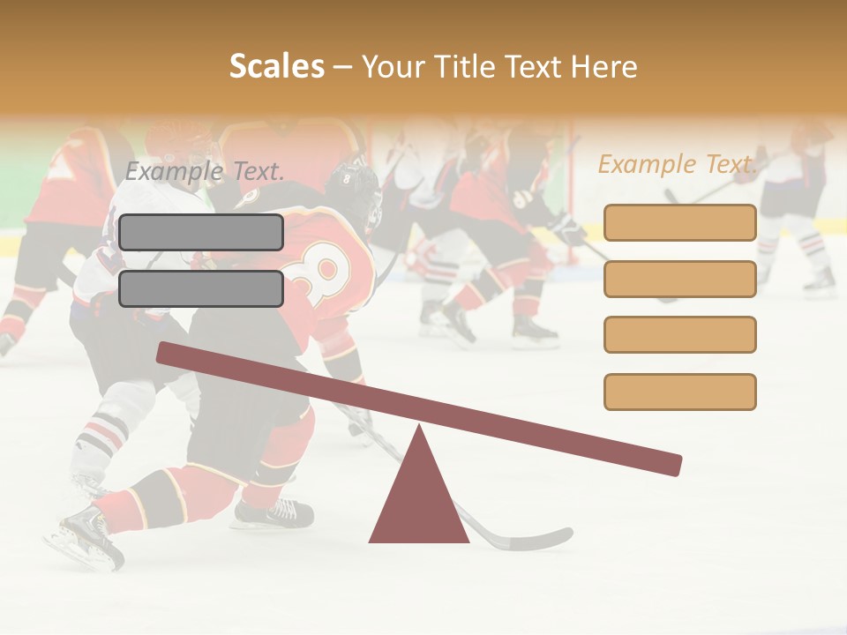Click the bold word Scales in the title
(x=277, y=66)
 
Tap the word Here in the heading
(x=603, y=66)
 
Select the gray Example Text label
(x=205, y=171)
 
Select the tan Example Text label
(x=678, y=164)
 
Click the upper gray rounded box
(x=201, y=232)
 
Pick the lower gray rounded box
(x=201, y=288)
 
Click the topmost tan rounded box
(x=679, y=222)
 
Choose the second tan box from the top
(x=679, y=279)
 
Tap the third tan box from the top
(x=679, y=335)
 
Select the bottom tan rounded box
(x=679, y=392)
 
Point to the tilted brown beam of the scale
(x=418, y=408)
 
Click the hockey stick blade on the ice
(x=538, y=539)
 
